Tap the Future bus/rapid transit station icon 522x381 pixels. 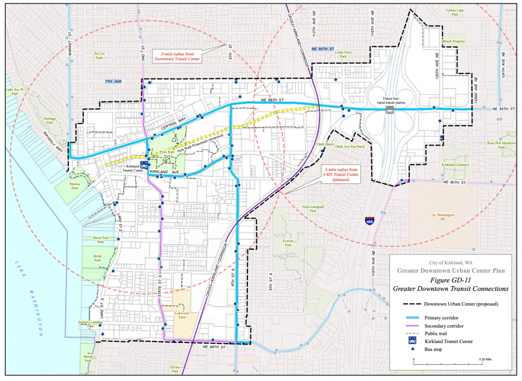[x=389, y=110]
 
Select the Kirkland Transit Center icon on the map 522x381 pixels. [x=144, y=164]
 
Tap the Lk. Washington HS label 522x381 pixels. [x=443, y=217]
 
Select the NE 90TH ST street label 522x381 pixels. [x=322, y=48]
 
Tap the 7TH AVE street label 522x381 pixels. [x=113, y=82]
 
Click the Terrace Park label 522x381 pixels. [x=175, y=369]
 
